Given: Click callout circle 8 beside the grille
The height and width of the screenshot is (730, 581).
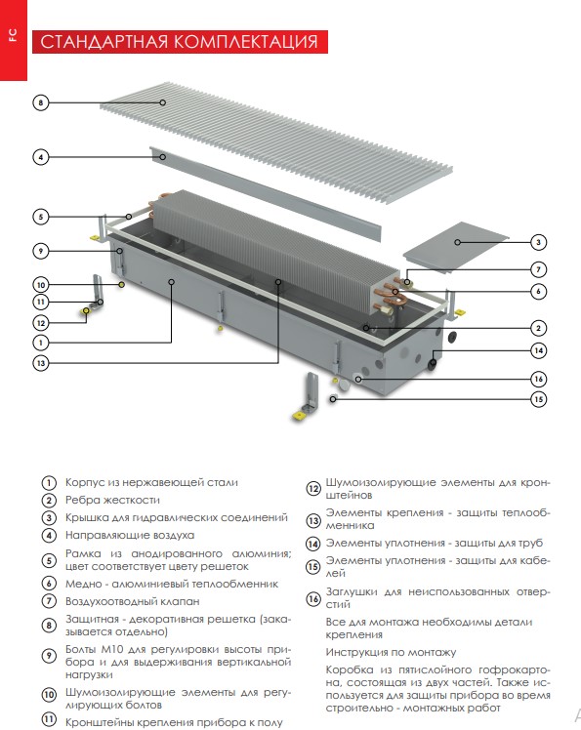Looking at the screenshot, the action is (x=41, y=102).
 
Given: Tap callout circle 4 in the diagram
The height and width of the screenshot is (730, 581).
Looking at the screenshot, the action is (x=41, y=157).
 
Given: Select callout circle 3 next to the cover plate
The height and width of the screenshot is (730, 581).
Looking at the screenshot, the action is (x=538, y=242).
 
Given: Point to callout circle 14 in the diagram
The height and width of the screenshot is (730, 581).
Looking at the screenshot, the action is (x=538, y=350).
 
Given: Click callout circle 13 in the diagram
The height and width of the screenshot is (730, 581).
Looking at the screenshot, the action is (x=41, y=363).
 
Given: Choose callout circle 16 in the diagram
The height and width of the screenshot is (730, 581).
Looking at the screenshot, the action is (x=538, y=379).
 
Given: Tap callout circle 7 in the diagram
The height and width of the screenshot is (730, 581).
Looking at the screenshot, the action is (x=538, y=269).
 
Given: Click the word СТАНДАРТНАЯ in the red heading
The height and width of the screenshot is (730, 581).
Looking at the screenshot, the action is (x=104, y=42).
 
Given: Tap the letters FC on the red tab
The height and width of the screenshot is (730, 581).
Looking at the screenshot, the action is (x=13, y=35).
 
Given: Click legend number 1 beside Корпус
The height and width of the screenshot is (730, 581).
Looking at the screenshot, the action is (x=49, y=483).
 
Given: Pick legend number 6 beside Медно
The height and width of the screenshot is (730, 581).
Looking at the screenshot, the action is (x=49, y=584).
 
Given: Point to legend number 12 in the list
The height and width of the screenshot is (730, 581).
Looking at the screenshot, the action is (x=313, y=489).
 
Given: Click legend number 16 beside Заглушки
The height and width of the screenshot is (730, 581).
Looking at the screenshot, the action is (x=313, y=598).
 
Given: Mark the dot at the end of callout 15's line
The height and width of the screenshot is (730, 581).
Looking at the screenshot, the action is (x=333, y=399).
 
